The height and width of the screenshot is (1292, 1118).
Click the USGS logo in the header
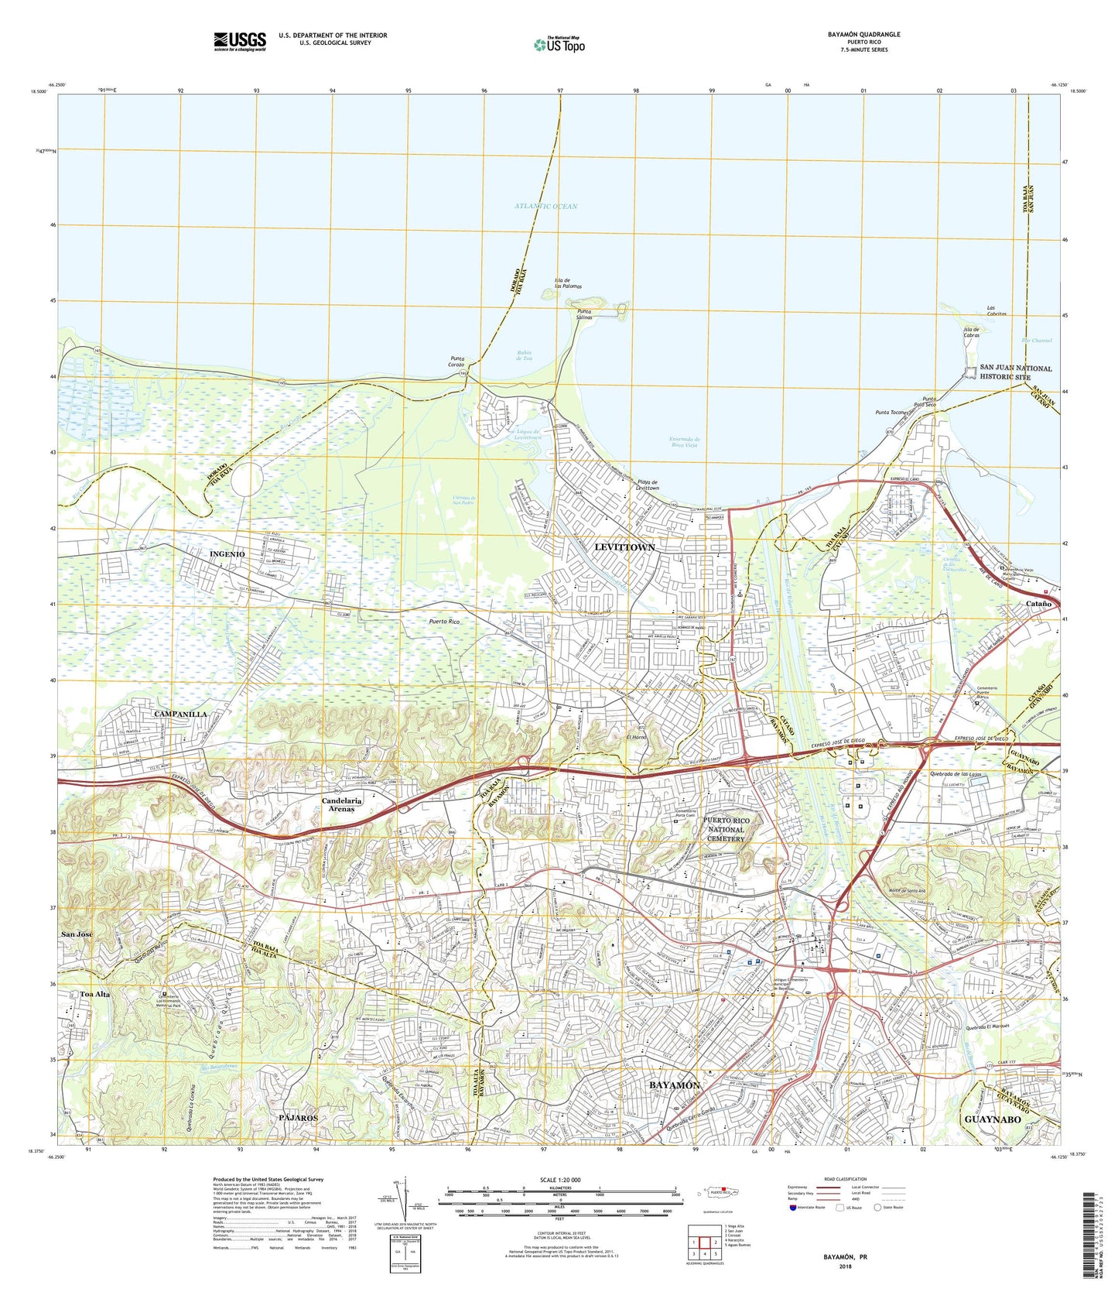coord(240,40)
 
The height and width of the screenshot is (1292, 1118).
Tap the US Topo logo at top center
coord(559,44)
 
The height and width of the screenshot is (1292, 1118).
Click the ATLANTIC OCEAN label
coord(545,206)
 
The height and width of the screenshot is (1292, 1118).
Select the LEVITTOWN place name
coord(624,547)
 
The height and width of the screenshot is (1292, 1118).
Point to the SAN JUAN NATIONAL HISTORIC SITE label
coord(1015,372)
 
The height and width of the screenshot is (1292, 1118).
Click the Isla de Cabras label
coord(971,332)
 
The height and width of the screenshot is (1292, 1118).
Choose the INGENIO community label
coord(227,554)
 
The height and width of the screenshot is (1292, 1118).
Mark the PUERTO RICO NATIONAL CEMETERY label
coord(725,829)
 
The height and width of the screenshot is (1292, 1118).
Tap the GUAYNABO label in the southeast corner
coord(997,1119)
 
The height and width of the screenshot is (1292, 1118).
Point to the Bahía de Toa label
coord(525,356)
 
